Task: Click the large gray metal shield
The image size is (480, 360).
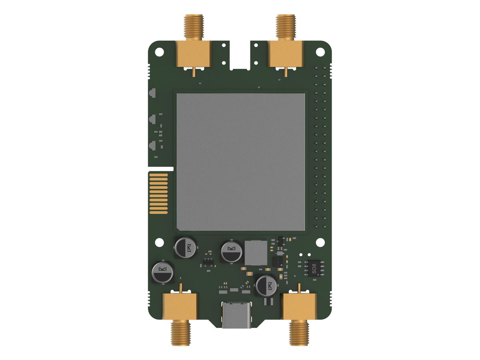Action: click(x=241, y=162)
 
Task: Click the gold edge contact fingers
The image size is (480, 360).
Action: click(x=158, y=193)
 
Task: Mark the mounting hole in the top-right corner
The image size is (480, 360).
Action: click(x=320, y=52)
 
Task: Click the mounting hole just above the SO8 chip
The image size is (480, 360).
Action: click(x=320, y=242)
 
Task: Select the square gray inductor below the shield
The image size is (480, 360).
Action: click(x=255, y=253)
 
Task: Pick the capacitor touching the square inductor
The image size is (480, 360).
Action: click(x=232, y=251)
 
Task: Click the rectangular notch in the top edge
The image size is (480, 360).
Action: click(x=240, y=54)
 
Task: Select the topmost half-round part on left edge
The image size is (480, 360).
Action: click(x=152, y=93)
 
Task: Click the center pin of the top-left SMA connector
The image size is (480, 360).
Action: click(x=194, y=72)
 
